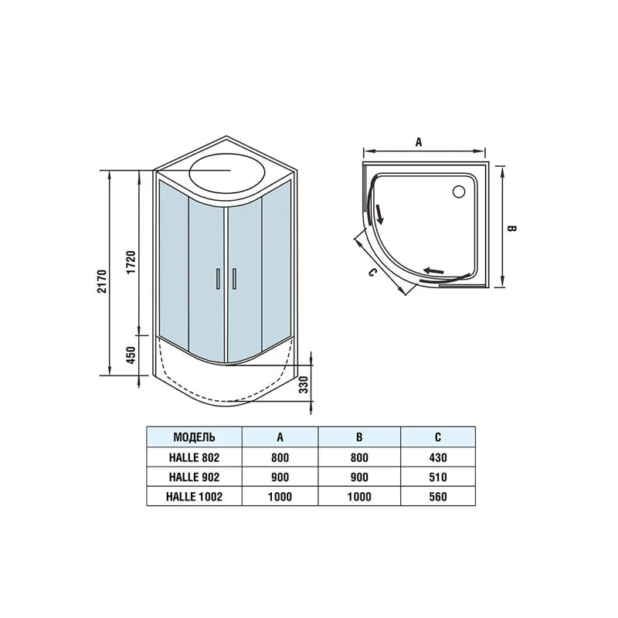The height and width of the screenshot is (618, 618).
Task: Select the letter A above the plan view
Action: click(418, 141)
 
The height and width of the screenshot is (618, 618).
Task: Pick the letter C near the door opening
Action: click(372, 272)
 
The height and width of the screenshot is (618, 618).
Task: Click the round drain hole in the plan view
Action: click(460, 189)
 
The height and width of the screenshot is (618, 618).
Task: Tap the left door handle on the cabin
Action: click(219, 278)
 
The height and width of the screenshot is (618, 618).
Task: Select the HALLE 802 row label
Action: click(194, 457)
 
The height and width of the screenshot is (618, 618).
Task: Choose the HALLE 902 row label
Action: click(194, 477)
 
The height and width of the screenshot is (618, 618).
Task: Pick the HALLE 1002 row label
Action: click(194, 497)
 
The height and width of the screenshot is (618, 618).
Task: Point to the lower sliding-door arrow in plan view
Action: click(434, 270)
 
